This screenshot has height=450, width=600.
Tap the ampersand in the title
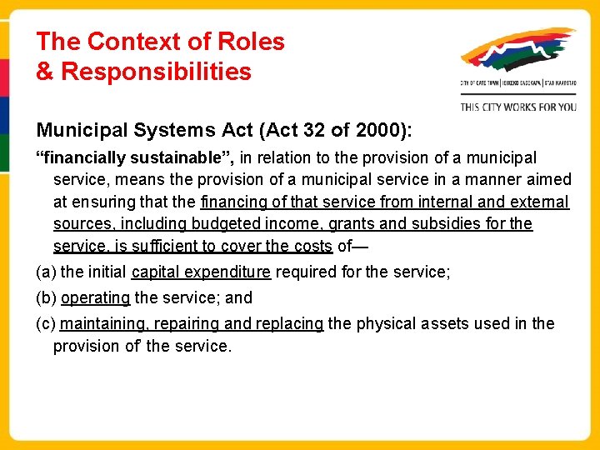44,72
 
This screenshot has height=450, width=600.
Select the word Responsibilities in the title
156,72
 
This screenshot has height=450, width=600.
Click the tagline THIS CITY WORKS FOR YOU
517,107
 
